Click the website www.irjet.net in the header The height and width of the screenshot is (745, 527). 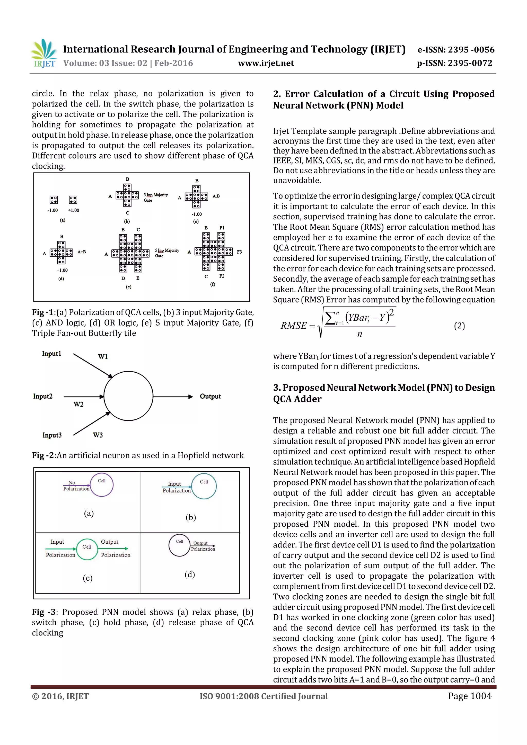(x=266, y=63)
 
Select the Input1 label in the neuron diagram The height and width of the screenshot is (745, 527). (x=51, y=354)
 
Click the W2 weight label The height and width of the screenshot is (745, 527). (x=78, y=404)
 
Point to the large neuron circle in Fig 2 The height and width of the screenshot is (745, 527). (x=128, y=396)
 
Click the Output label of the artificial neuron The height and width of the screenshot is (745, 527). (x=210, y=396)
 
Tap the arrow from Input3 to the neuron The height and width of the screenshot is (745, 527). (x=92, y=424)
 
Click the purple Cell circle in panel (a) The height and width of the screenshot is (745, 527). (x=102, y=485)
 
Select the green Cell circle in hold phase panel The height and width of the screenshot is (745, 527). (x=87, y=549)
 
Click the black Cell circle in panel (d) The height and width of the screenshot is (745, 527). (x=179, y=545)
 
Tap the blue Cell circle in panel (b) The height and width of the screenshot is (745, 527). (x=204, y=486)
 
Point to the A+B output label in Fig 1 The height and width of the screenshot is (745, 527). (x=82, y=252)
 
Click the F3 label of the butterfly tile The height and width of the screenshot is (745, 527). (x=239, y=252)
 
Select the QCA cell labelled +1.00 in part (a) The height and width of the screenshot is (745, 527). (x=73, y=200)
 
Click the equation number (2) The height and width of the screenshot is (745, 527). (x=459, y=326)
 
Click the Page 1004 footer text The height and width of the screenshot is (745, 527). (x=470, y=696)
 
